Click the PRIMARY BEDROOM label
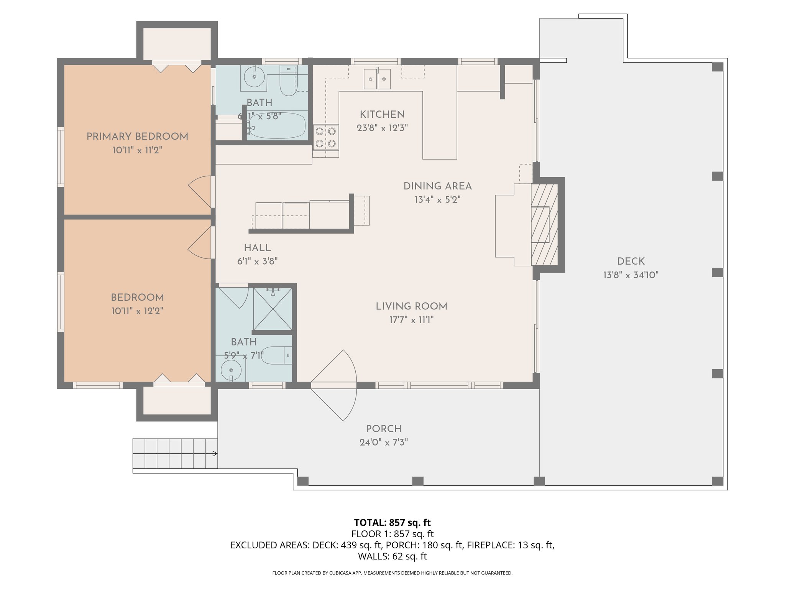[x=137, y=137]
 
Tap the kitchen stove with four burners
[x=325, y=137]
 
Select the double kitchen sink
[x=377, y=79]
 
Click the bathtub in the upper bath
[x=276, y=126]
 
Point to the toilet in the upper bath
[x=289, y=81]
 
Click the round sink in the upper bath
[x=254, y=77]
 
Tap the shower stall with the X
[x=273, y=309]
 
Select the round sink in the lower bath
[x=231, y=370]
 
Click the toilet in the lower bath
[x=276, y=355]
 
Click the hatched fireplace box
[x=544, y=224]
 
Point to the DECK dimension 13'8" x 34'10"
[x=631, y=275]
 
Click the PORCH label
[x=384, y=429]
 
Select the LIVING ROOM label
[x=412, y=306]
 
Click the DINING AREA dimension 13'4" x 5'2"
[x=437, y=200]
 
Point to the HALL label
[x=258, y=248]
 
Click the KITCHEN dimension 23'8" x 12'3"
[x=382, y=128]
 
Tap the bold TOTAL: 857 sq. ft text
[x=392, y=523]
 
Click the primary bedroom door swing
[x=200, y=192]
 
